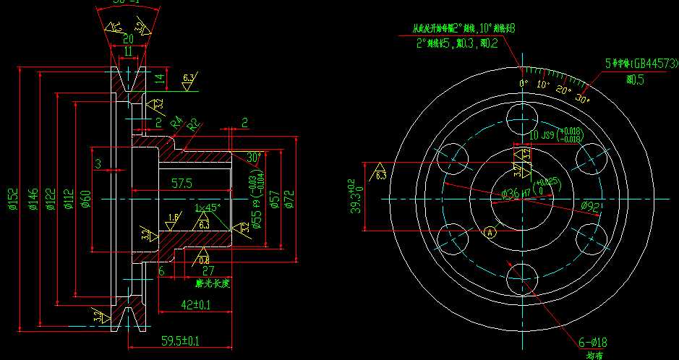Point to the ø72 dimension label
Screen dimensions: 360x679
pyautogui.click(x=290, y=198)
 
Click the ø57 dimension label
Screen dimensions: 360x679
pyautogui.click(x=274, y=198)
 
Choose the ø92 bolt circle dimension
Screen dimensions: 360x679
pyautogui.click(x=591, y=206)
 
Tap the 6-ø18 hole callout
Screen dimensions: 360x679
pyautogui.click(x=592, y=342)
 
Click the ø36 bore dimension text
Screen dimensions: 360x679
pyautogui.click(x=511, y=194)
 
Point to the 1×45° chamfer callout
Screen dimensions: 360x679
pyautogui.click(x=208, y=208)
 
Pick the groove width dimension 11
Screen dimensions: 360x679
pyautogui.click(x=127, y=51)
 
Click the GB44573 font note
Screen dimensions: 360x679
pyautogui.click(x=636, y=64)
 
